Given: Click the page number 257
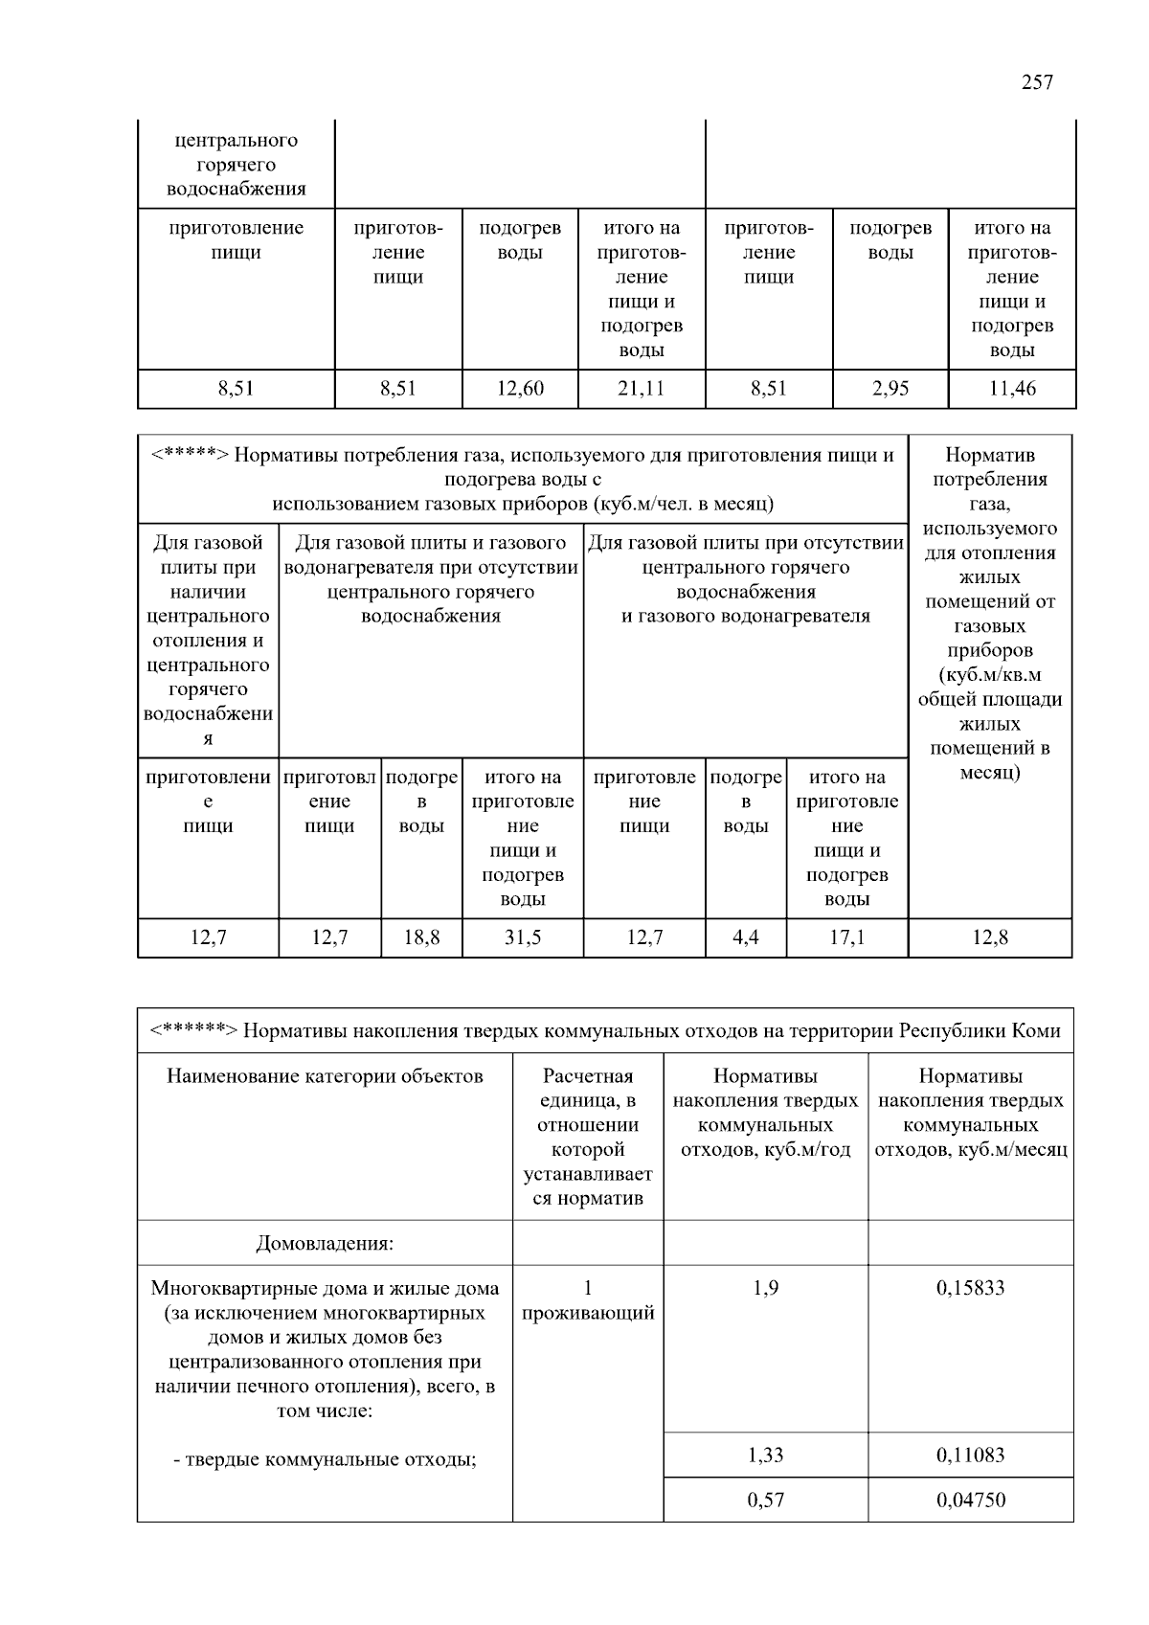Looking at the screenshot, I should click(x=1037, y=82).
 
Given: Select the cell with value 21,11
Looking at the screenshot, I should click(x=641, y=389).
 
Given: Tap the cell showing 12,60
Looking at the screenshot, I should click(x=520, y=389).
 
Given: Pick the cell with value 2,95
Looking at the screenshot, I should click(x=890, y=389).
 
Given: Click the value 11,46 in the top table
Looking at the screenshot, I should click(x=1012, y=389).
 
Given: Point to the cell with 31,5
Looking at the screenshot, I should click(x=523, y=937).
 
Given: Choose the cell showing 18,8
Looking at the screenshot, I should click(x=421, y=937).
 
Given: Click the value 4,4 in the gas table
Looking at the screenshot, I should click(x=746, y=937).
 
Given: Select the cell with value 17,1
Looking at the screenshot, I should click(x=847, y=937).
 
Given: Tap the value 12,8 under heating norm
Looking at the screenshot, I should click(x=990, y=937).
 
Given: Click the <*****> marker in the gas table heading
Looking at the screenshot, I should click(x=190, y=456).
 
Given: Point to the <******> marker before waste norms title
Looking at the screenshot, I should click(x=194, y=1031).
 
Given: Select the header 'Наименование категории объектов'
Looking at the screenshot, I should click(x=325, y=1076).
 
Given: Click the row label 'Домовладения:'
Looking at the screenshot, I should click(x=325, y=1244).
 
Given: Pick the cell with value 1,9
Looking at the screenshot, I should click(x=766, y=1288).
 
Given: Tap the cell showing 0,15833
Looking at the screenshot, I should click(x=971, y=1288).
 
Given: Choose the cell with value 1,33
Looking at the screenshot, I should click(x=766, y=1456).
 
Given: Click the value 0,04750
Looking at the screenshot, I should click(x=971, y=1500).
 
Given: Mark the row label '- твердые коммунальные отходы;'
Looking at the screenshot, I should click(x=325, y=1460).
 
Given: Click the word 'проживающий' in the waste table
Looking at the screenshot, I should click(x=588, y=1313).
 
